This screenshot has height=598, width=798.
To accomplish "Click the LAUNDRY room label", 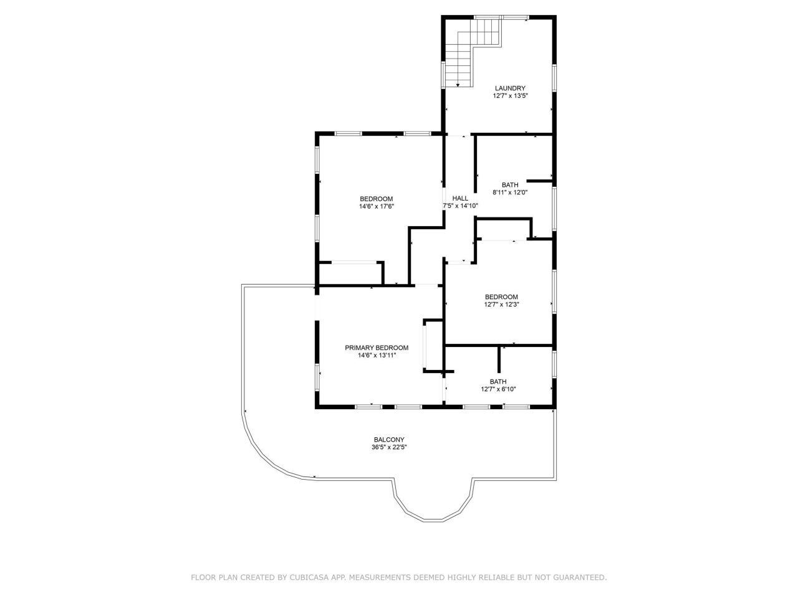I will click(x=511, y=88).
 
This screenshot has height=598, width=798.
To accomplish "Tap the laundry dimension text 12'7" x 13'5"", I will click(x=511, y=96).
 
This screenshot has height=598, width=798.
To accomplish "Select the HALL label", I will click(x=460, y=198).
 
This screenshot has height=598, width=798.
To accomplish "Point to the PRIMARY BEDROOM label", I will click(x=377, y=348).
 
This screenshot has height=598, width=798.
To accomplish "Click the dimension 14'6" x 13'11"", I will click(x=377, y=356).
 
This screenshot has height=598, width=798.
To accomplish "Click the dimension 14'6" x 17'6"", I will click(x=377, y=206).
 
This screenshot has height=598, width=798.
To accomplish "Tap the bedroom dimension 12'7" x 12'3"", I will click(x=502, y=305).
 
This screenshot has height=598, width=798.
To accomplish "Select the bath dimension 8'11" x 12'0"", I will click(x=510, y=192).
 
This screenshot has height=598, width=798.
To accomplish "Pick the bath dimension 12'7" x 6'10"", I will click(x=498, y=389).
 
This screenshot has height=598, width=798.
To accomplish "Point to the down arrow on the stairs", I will click(x=458, y=84).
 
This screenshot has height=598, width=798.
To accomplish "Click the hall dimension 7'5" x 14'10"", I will click(x=460, y=206).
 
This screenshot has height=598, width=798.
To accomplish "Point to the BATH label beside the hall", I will click(x=510, y=184).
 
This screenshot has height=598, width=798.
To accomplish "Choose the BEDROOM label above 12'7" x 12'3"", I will click(x=502, y=297).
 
